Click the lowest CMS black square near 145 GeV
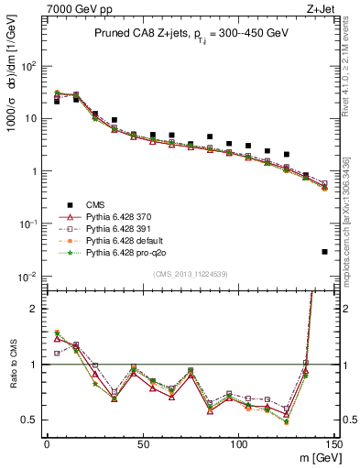pos(325,252)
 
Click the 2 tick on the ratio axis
pos(34,309)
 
